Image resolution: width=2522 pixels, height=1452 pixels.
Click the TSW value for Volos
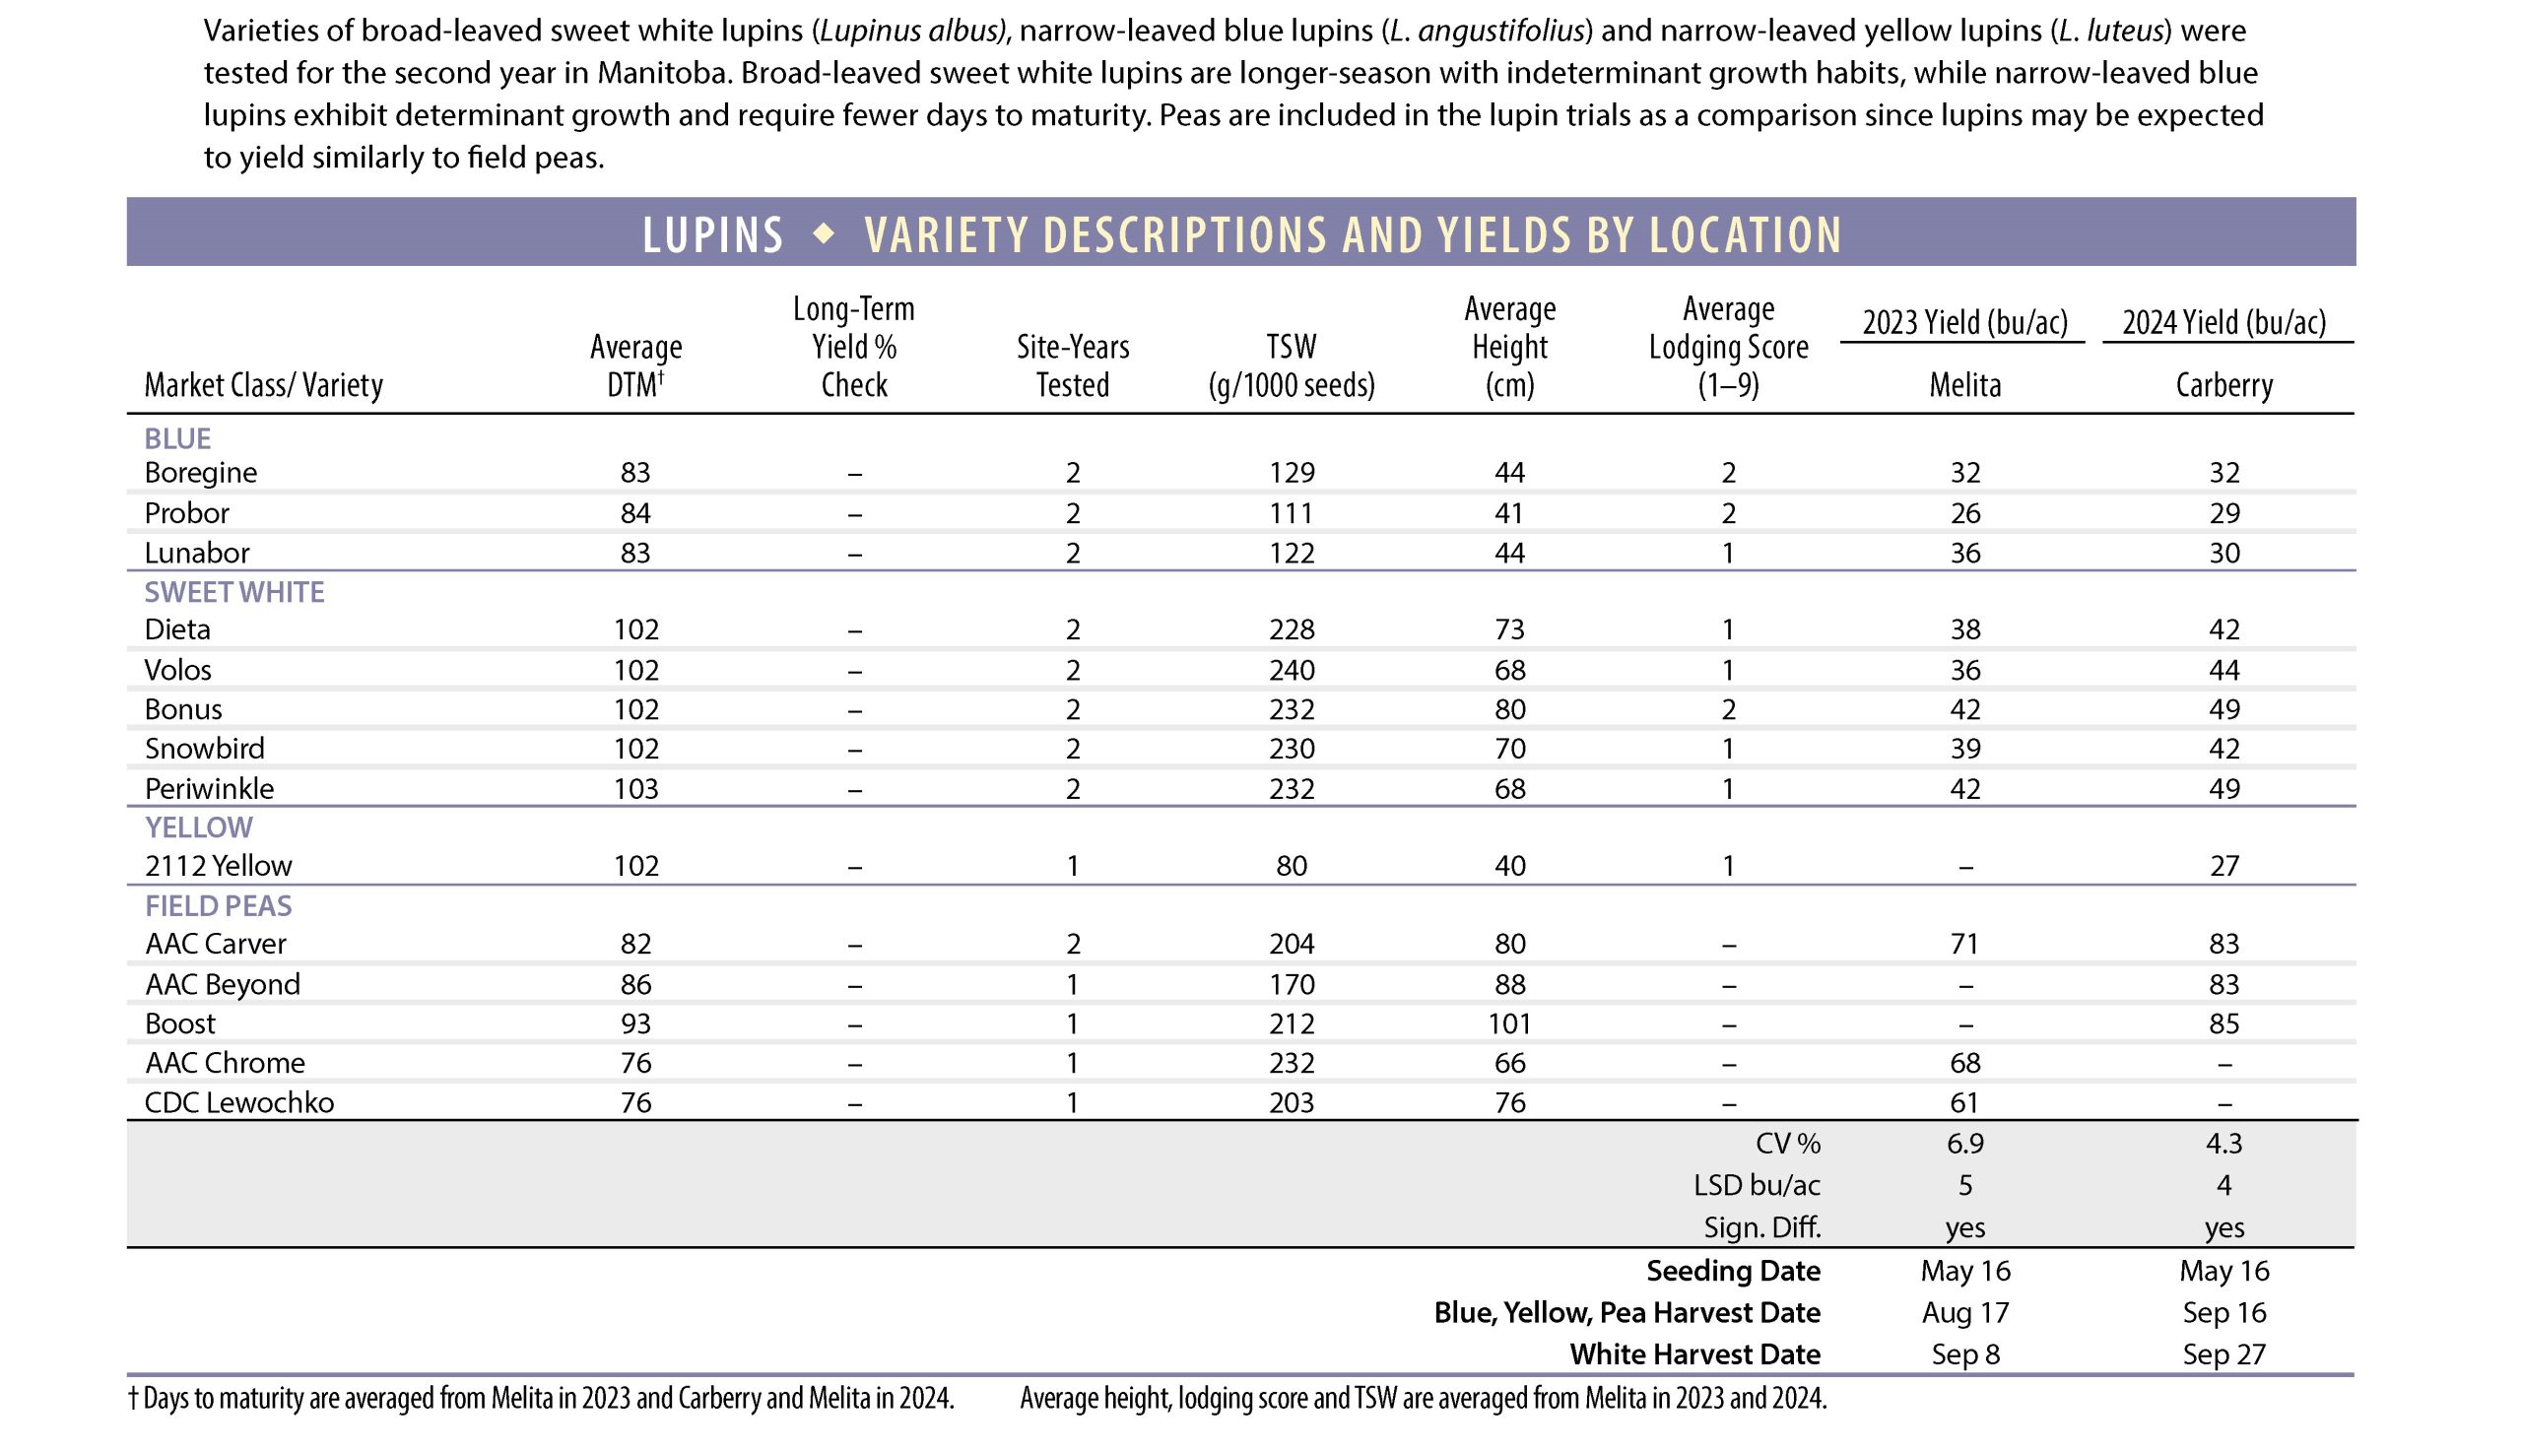1291,669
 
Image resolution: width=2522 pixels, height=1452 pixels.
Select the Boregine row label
200,472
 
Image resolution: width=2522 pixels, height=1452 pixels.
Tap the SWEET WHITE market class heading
234,592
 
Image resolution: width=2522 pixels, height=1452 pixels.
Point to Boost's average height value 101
1509,1023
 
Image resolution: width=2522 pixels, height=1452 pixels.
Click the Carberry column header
2223,385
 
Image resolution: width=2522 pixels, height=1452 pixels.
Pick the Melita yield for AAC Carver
1963,944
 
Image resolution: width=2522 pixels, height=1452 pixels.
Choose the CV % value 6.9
1963,1143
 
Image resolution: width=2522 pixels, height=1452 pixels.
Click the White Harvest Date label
1694,1354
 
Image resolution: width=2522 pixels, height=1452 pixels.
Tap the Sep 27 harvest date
2223,1354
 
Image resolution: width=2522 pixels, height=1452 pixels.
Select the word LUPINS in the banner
713,235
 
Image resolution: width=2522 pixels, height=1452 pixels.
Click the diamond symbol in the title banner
824,233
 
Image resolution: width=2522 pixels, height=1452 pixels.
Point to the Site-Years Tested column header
1072,365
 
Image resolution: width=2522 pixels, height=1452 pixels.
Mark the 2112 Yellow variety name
219,866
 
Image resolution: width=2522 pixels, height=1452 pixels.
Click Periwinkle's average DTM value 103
635,789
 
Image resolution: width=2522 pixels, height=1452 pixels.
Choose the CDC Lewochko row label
239,1102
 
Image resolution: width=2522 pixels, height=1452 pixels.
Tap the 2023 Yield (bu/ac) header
1963,322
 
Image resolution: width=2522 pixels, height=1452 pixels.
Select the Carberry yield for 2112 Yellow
2223,866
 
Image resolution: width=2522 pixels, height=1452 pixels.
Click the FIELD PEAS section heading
219,905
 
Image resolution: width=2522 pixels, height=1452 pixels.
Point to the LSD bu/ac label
1757,1185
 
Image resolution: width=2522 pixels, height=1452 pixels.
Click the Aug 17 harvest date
1963,1312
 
